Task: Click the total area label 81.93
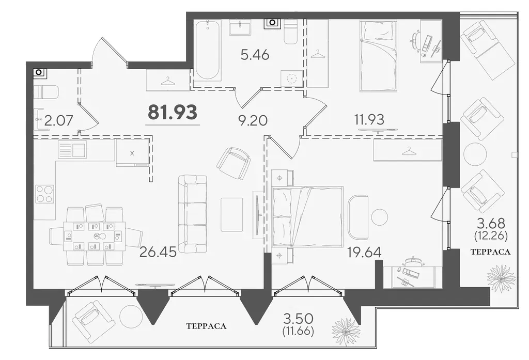[x=173, y=112]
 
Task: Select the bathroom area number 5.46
[x=255, y=54]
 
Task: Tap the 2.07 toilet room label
[x=59, y=120]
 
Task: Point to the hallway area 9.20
[x=253, y=120]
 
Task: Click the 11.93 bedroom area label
[x=369, y=119]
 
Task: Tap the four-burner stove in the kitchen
[x=45, y=194]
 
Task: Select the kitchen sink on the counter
[x=72, y=149]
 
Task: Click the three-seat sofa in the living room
[x=192, y=214]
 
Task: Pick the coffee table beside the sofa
[x=232, y=214]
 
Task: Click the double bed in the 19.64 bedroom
[x=308, y=216]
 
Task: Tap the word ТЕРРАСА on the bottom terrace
[x=206, y=326]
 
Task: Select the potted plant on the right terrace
[x=501, y=278]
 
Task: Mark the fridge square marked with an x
[x=132, y=153]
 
